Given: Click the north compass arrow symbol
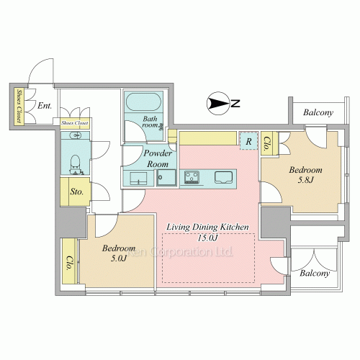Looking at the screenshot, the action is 218,103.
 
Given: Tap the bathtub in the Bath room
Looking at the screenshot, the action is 143,102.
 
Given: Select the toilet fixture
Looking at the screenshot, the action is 75,164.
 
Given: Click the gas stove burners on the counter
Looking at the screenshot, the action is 192,177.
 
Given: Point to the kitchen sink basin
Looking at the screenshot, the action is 223,177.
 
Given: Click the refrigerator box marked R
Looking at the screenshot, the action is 248,141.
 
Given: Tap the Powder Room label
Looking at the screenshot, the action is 158,158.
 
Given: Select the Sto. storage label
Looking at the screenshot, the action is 77,192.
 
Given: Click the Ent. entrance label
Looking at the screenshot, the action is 45,105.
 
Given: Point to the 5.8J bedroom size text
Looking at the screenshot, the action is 305,180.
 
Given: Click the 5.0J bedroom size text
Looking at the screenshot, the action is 119,258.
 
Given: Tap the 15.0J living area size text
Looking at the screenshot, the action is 207,238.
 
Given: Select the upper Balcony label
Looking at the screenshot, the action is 318,112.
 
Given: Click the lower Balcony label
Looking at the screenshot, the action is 315,273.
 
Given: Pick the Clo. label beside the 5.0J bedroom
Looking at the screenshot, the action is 69,263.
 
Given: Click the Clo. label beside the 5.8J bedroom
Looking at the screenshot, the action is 266,143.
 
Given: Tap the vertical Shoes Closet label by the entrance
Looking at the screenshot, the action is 19,106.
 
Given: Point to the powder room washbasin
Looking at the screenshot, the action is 138,179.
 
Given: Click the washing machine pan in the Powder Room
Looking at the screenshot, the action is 166,178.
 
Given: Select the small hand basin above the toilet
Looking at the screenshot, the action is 75,135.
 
